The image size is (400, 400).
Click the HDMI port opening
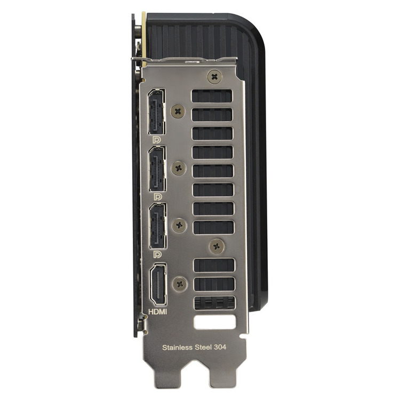tap(158, 285)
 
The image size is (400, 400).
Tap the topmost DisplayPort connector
tap(156, 111)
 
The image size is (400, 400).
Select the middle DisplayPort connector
tap(157, 169)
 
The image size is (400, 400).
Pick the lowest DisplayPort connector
tap(158, 226)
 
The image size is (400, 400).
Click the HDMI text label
tap(158, 312)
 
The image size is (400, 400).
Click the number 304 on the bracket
tap(220, 347)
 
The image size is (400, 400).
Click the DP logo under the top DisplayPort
tap(157, 140)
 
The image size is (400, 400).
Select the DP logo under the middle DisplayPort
tap(158, 197)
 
